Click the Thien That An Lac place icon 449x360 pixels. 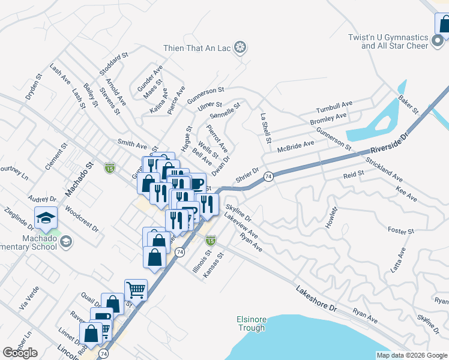pos(240,47)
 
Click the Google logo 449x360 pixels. pos(20,352)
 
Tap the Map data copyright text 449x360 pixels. pos(411,355)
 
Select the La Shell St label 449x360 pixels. pos(265,128)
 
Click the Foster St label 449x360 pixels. pos(401,230)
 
